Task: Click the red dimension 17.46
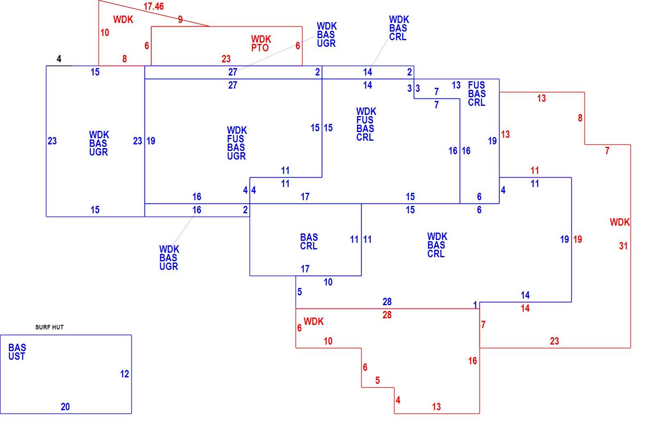[x=154, y=7]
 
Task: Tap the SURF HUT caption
[x=49, y=327]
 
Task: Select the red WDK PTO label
[x=261, y=43]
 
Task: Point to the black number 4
[x=59, y=59]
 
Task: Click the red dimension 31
[x=623, y=246]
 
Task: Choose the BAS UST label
[x=17, y=352]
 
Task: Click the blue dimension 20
[x=65, y=407]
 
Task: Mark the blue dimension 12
[x=125, y=374]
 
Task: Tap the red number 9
[x=181, y=19]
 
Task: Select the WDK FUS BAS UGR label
[x=237, y=143]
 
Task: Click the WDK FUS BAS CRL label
[x=366, y=124]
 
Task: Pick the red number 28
[x=387, y=315]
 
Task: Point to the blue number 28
[x=387, y=302]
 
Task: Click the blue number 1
[x=475, y=305]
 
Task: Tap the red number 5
[x=377, y=381]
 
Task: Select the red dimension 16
[x=472, y=361]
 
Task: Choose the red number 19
[x=578, y=240]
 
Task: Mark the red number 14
[x=525, y=308]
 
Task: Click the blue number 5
[x=300, y=292]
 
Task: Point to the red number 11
[x=535, y=171]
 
